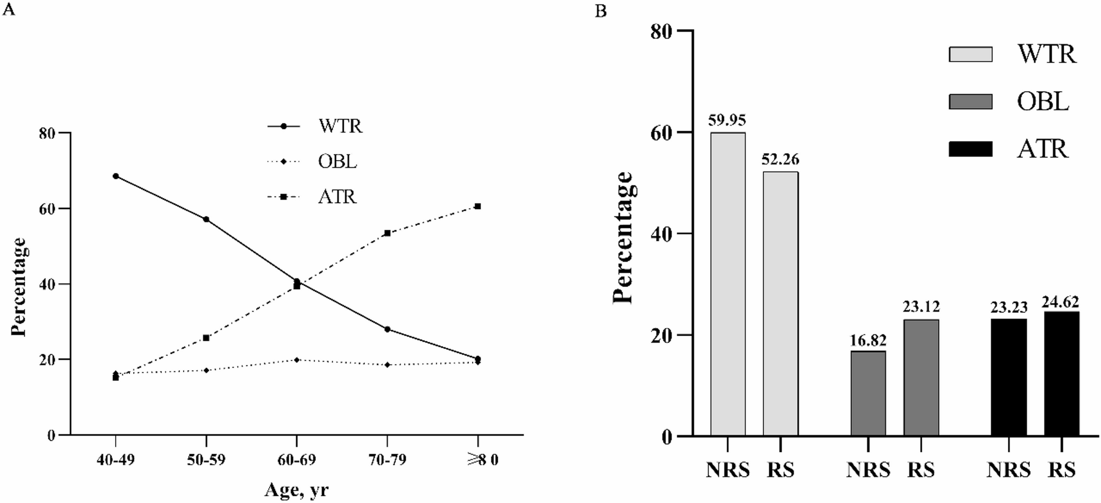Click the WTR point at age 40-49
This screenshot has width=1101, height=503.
pos(116,176)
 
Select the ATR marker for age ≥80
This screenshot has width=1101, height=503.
pos(478,206)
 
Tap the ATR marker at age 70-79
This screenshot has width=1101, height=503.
pos(387,233)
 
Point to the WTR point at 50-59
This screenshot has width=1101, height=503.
pos(206,219)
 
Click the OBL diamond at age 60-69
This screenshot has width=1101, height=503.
pos(297,360)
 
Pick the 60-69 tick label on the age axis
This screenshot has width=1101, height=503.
pos(297,460)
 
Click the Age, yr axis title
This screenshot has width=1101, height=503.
pos(297,489)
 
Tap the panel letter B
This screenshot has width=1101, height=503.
pos(601,11)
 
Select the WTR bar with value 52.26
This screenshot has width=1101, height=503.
pos(780,304)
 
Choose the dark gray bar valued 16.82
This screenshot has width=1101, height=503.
pos(868,393)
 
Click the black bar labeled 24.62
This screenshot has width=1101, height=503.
pos(1062,374)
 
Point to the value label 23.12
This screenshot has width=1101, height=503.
pos(921,306)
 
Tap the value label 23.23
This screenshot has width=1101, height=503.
pos(1008,307)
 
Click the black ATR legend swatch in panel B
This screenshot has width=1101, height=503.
pos(970,149)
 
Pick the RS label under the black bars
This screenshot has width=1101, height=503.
pos(1062,470)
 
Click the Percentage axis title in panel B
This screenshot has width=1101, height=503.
pos(623,238)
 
